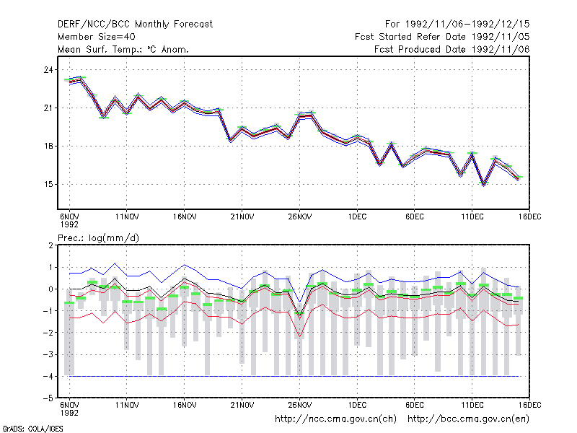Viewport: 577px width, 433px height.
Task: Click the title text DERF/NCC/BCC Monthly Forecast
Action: tap(135, 25)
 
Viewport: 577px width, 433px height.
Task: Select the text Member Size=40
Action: tap(97, 37)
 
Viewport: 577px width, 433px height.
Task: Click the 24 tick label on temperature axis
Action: tap(48, 70)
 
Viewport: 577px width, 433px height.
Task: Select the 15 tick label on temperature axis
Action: tap(48, 185)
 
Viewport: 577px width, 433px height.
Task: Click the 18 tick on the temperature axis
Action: tap(48, 146)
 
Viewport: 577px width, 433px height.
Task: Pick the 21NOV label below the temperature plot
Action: tap(242, 217)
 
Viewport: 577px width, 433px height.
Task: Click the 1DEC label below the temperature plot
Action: tap(357, 217)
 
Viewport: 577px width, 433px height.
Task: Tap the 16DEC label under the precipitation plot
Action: tap(530, 405)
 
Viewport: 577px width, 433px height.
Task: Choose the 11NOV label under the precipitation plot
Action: tap(127, 405)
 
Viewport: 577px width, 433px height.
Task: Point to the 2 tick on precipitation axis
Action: tap(50, 245)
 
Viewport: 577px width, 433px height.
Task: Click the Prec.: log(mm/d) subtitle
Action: tap(98, 238)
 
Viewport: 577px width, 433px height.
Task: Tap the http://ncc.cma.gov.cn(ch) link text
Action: tap(335, 419)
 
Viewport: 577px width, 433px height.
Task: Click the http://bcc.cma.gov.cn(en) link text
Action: tap(468, 419)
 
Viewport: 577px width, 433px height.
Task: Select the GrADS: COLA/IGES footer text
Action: tap(32, 429)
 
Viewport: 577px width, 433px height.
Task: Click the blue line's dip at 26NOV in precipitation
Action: tap(299, 302)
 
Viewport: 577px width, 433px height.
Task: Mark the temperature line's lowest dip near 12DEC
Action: tap(483, 185)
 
